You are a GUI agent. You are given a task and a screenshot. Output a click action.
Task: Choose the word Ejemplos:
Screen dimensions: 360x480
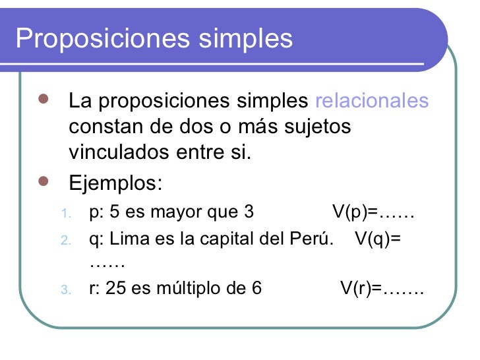click(x=114, y=180)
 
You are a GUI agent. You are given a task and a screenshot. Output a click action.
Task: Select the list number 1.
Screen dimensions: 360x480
click(x=64, y=214)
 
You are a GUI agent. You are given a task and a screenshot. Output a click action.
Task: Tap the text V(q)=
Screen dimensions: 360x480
click(x=377, y=238)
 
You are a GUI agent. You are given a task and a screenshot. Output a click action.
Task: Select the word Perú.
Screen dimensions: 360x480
click(x=310, y=238)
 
